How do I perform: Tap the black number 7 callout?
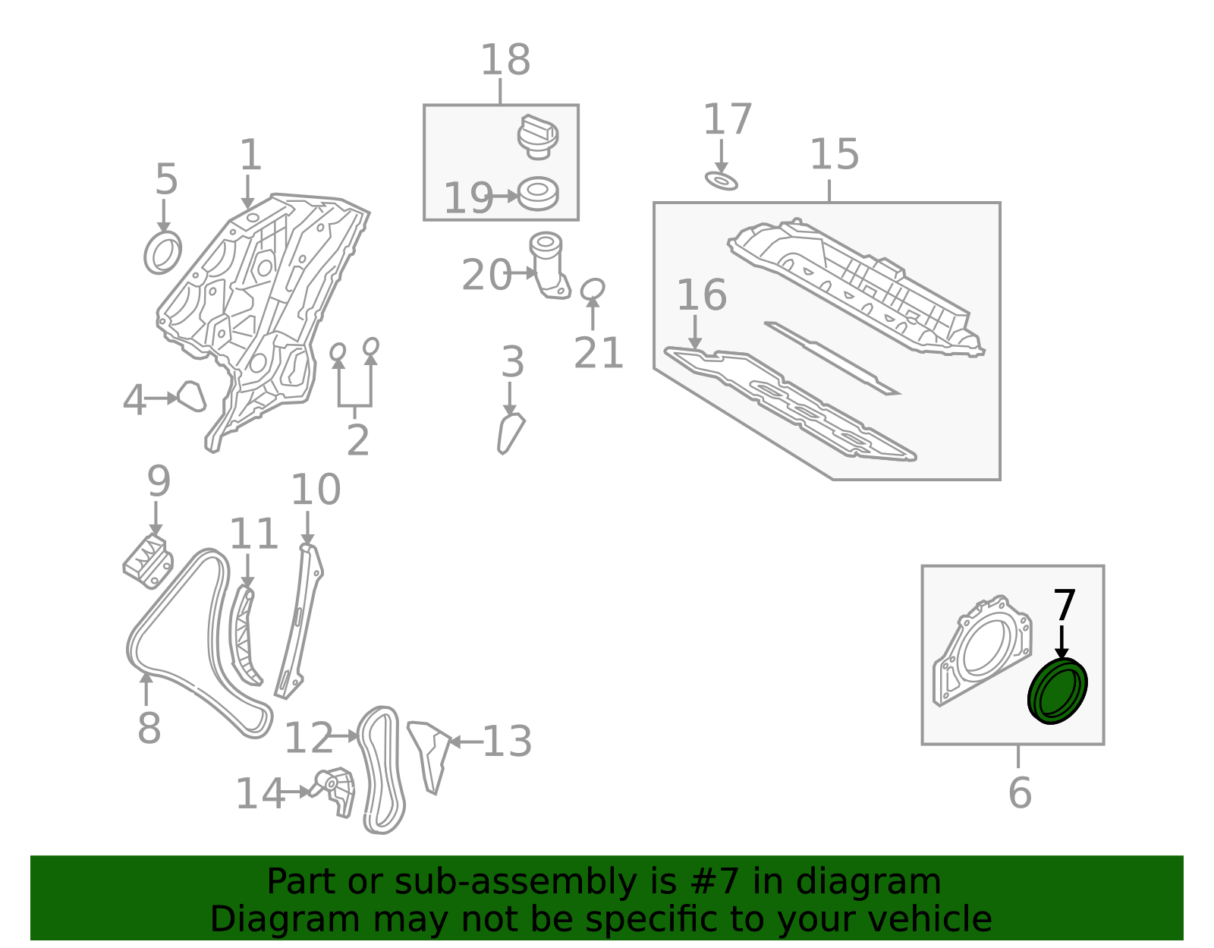coord(1065,605)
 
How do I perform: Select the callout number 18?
coord(505,59)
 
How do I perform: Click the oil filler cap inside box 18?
coord(538,137)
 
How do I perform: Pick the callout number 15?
coord(834,154)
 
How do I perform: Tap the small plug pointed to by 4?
coord(192,396)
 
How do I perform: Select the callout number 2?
coord(357,439)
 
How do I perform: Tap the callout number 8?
coord(149,728)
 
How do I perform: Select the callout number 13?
coord(507,742)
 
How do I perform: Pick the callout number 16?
coord(702,294)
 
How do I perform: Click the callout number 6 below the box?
coord(1020,792)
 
